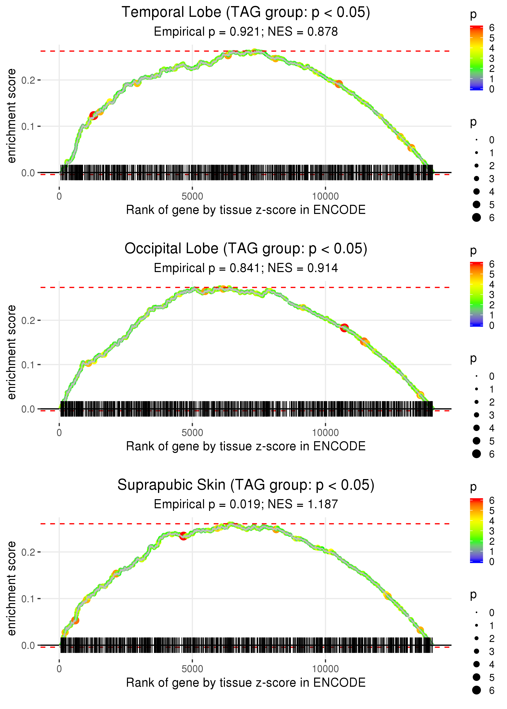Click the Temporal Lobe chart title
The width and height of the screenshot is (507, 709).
point(246,13)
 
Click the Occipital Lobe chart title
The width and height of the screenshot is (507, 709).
point(246,249)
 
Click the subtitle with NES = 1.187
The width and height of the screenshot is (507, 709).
point(246,504)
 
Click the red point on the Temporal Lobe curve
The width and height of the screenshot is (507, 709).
point(93,115)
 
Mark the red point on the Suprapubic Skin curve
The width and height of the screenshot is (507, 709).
point(184,536)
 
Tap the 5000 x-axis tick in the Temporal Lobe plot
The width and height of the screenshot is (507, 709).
point(192,196)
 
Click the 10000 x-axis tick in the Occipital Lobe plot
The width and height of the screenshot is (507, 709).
point(325,433)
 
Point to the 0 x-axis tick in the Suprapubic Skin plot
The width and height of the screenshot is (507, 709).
point(59,669)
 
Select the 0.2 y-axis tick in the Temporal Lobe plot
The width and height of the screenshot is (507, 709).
point(28,80)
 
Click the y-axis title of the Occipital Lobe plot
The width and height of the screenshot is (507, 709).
point(12,352)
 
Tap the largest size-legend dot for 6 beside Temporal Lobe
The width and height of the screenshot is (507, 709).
point(476,217)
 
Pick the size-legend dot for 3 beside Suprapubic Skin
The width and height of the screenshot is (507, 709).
point(476,651)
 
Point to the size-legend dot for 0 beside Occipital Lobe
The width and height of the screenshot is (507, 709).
point(476,376)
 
